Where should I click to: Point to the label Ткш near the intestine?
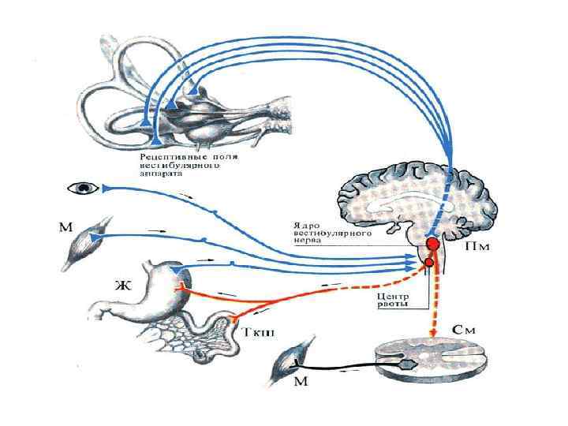pos(253,332)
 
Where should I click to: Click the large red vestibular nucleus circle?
pos(433,245)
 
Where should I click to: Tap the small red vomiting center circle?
pos(428,263)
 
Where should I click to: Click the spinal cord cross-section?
pos(426,361)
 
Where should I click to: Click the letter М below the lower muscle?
pos(302,383)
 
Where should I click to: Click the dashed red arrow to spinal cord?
pos(432,304)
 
